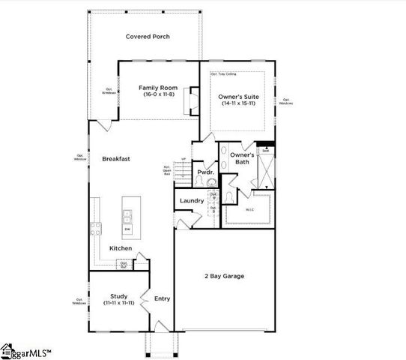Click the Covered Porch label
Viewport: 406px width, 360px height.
pyautogui.click(x=148, y=36)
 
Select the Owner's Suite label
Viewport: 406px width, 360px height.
pyautogui.click(x=239, y=96)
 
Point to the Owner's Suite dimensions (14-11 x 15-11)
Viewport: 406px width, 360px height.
pyautogui.click(x=239, y=103)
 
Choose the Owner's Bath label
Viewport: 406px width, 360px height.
pyautogui.click(x=242, y=158)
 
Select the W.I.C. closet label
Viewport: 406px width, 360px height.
pyautogui.click(x=250, y=209)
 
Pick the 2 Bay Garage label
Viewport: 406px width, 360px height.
pyautogui.click(x=224, y=276)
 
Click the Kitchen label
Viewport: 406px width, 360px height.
pyautogui.click(x=121, y=248)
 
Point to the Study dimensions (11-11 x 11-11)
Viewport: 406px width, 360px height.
pyautogui.click(x=119, y=302)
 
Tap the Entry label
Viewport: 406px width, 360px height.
pyautogui.click(x=162, y=298)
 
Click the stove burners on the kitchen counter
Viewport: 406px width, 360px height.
pyautogui.click(x=96, y=229)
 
